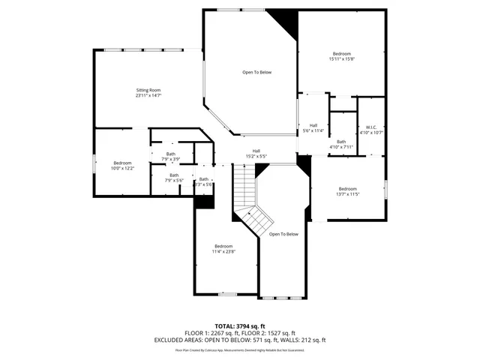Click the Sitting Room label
click(148, 90)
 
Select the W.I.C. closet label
click(370, 127)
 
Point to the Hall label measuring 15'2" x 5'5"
click(256, 153)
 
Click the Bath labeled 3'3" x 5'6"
click(204, 181)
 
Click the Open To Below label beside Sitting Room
click(256, 72)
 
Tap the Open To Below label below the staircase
click(283, 234)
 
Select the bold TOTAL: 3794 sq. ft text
click(239, 326)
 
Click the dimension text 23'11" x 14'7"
click(148, 96)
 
